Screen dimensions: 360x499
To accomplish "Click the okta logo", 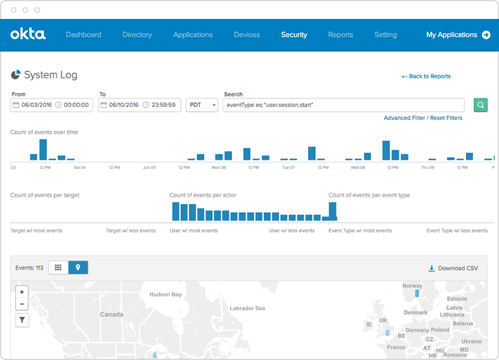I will click(x=28, y=34).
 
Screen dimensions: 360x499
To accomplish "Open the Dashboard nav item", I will click(x=83, y=35).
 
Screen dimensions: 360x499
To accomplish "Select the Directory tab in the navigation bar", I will click(x=137, y=35).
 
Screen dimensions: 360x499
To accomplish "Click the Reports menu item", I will click(x=341, y=35).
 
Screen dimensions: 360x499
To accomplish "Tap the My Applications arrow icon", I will click(x=486, y=35).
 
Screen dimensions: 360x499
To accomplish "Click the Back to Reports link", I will click(x=426, y=76).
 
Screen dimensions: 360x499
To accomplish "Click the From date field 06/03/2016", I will click(x=37, y=105).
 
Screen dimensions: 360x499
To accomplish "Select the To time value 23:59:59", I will click(x=163, y=105).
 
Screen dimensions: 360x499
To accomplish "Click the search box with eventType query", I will click(x=344, y=105).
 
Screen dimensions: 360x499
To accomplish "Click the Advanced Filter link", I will click(x=404, y=118).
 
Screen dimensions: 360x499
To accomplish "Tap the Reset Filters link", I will click(x=446, y=118).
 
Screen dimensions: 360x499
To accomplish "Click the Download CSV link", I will click(x=453, y=268).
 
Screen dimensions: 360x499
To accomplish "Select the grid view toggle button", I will click(x=58, y=268).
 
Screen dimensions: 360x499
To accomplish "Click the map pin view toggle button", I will click(x=78, y=268).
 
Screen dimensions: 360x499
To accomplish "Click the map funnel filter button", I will click(x=22, y=320).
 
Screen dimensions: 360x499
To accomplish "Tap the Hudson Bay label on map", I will click(x=166, y=294).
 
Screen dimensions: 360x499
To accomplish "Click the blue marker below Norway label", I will click(x=417, y=293).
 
